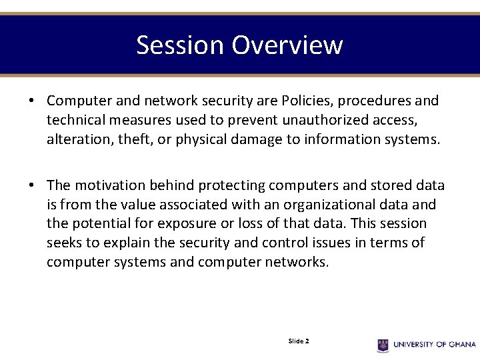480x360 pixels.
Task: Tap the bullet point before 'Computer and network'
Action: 31,101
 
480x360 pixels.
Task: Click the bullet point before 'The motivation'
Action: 31,186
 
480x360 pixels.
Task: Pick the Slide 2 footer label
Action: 298,341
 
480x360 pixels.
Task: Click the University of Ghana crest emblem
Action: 383,345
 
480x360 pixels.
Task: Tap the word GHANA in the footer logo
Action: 462,345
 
